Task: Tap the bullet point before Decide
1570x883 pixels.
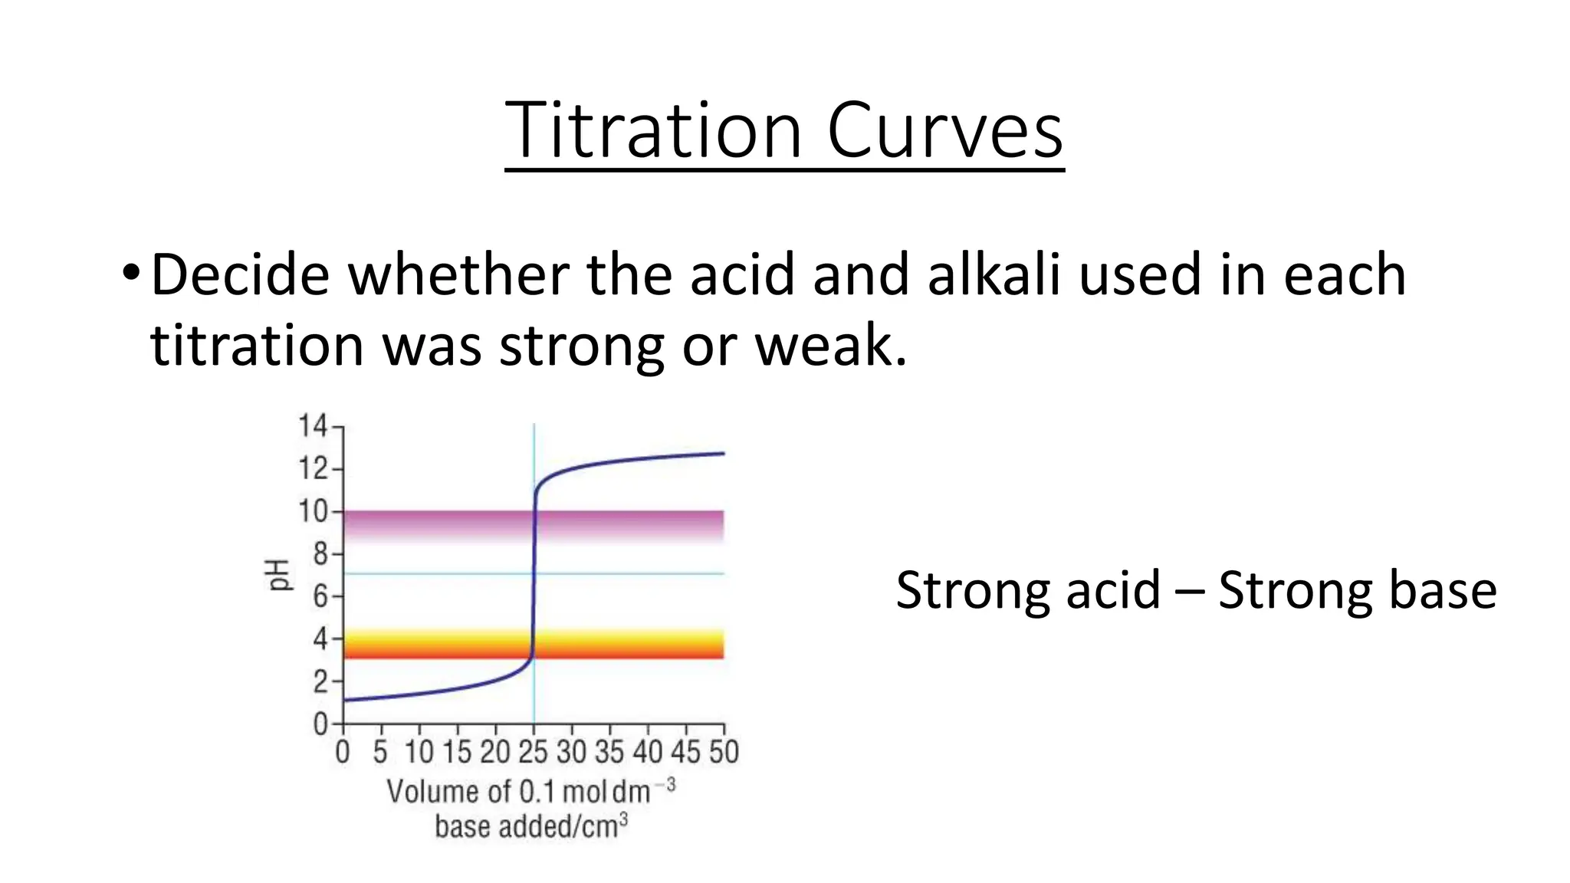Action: click(130, 273)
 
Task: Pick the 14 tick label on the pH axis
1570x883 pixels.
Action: click(312, 425)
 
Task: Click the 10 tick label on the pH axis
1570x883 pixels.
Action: click(312, 510)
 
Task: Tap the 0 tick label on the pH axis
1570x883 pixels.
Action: click(320, 724)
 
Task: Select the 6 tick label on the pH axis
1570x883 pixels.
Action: click(320, 596)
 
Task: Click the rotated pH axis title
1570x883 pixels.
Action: click(280, 575)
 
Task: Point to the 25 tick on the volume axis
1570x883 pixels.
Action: click(533, 752)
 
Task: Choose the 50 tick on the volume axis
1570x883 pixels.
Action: click(723, 752)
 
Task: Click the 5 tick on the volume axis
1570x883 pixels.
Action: click(380, 752)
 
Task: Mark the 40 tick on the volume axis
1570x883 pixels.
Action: click(648, 752)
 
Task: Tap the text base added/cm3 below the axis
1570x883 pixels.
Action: click(530, 827)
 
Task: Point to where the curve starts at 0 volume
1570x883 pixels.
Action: click(344, 700)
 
